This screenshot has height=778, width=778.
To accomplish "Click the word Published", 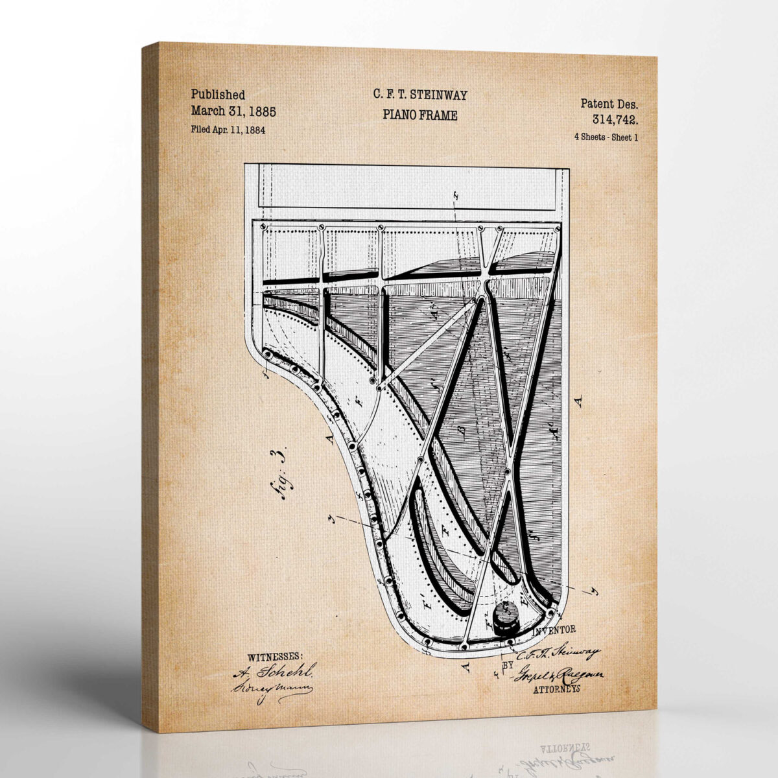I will (x=218, y=95).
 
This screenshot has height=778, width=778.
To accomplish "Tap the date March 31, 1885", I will (x=233, y=112).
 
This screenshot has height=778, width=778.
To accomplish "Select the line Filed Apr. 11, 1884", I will (x=228, y=129).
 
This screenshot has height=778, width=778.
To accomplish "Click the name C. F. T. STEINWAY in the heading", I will (x=419, y=95).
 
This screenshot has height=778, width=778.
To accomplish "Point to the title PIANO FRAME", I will (x=419, y=115).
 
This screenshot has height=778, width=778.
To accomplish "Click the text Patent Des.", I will (x=609, y=103).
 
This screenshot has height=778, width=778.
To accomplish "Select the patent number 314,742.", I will (x=614, y=119).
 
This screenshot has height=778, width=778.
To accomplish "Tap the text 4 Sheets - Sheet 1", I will (x=606, y=137).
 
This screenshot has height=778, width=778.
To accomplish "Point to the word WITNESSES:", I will (x=275, y=657).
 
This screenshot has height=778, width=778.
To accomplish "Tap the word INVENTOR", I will (x=553, y=630).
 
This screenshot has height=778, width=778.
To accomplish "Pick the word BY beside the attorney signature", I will (x=509, y=665).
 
